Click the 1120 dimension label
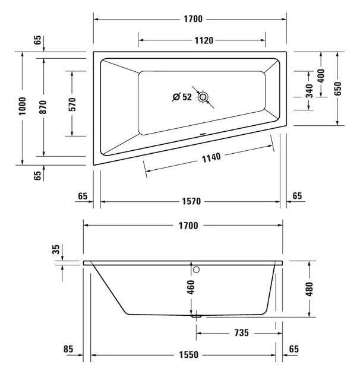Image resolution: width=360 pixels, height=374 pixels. [x=204, y=40]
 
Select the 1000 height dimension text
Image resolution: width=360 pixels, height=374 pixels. [x=22, y=106]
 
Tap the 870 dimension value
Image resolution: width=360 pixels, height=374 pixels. [x=43, y=107]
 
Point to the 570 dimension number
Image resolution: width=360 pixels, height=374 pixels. [x=72, y=104]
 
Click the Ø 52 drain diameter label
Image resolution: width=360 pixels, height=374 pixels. [x=182, y=97]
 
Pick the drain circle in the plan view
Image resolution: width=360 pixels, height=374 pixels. [x=203, y=97]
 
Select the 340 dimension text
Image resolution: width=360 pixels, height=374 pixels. [x=309, y=91]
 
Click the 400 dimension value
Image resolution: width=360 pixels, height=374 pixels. [x=321, y=75]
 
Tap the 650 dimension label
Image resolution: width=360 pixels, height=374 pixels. [x=337, y=88]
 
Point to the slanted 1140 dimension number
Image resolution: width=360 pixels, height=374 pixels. [x=211, y=158]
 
